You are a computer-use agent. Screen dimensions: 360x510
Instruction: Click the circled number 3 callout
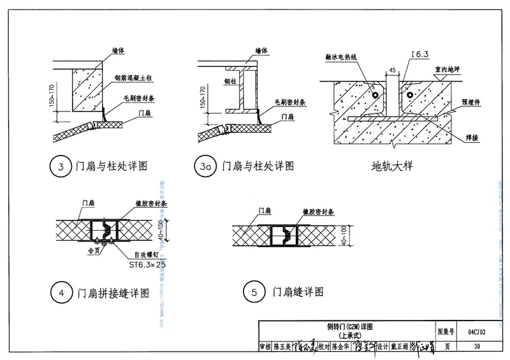60,166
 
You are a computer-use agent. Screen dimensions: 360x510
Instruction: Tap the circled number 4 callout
60,293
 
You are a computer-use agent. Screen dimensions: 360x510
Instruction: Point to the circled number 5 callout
254,292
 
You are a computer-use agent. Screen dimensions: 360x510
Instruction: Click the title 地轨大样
392,166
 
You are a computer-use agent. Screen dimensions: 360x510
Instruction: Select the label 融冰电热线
345,57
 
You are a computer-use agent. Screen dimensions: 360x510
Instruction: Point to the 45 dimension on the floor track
391,70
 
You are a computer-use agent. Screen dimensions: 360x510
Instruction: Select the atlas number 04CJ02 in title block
476,332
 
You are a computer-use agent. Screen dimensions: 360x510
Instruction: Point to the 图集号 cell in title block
447,332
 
